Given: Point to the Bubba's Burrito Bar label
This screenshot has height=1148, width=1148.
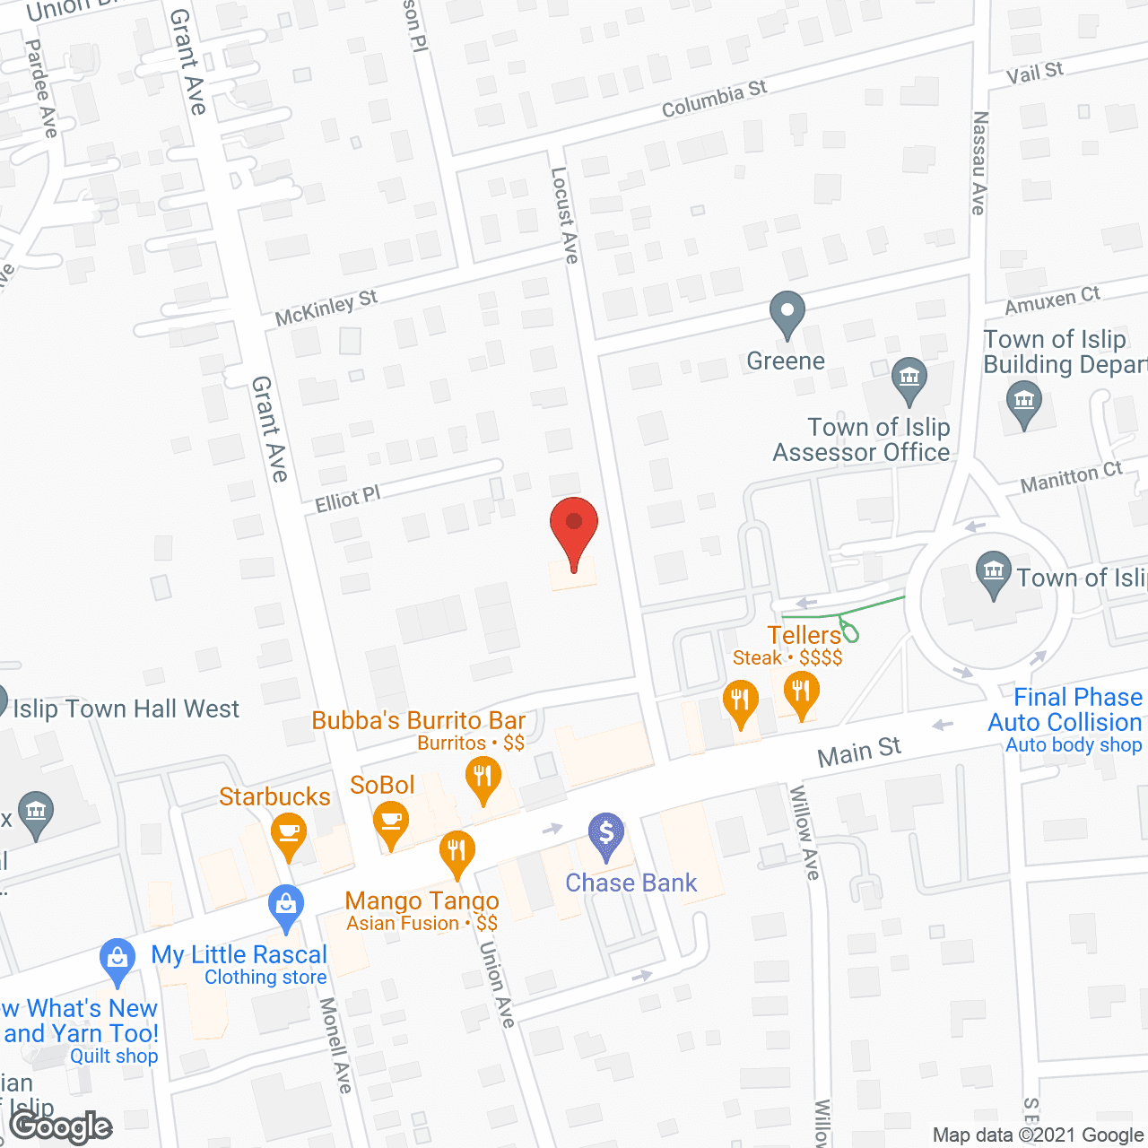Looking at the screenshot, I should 418,720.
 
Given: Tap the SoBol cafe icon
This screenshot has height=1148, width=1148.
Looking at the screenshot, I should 391,821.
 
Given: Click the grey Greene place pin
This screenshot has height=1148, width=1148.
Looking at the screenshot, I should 787,314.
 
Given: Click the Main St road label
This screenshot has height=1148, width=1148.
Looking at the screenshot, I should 858,752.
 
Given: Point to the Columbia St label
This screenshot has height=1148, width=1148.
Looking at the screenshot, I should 714,99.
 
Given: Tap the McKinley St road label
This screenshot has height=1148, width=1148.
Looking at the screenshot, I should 326,308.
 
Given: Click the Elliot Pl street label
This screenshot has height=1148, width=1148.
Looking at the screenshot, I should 348,499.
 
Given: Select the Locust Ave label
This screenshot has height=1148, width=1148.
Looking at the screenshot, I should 564,215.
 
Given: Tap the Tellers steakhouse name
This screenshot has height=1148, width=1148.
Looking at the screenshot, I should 804,635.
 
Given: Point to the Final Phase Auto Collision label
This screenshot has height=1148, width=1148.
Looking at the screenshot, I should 1065,710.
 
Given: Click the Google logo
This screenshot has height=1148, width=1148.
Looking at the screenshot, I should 61,1126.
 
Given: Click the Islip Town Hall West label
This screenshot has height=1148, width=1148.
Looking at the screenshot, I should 126,709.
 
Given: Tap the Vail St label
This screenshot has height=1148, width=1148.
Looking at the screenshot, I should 1034,73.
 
